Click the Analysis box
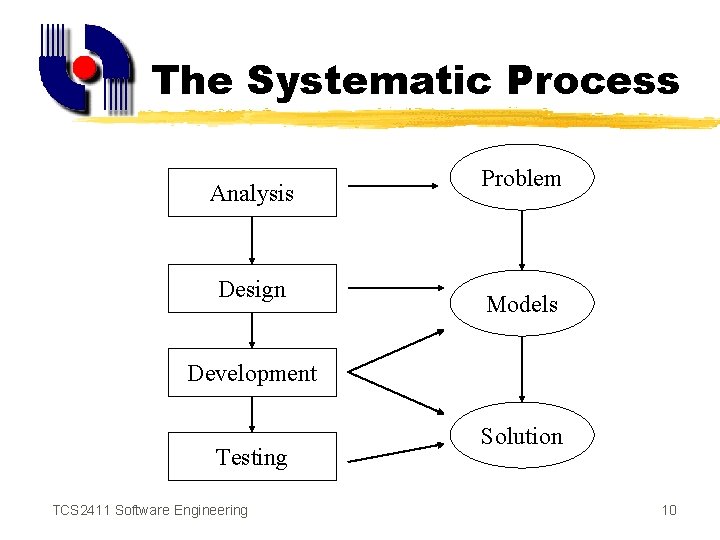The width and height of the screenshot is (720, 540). [x=252, y=193]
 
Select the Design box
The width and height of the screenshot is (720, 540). [x=252, y=289]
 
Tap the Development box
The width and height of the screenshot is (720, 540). [x=252, y=373]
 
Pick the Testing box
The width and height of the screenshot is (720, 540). [x=252, y=457]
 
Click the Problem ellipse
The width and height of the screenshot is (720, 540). [x=521, y=178]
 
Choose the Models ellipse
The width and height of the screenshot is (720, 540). [x=521, y=303]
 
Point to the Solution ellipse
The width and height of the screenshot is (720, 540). [x=521, y=436]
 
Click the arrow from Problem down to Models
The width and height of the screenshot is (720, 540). [x=521, y=240]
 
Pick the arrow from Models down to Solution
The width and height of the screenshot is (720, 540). [x=521, y=369]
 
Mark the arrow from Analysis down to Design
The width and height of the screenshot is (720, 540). [x=252, y=240]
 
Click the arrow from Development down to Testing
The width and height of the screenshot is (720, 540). [x=252, y=414]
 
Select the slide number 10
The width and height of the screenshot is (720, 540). [x=669, y=511]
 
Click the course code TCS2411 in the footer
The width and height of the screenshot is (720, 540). [x=81, y=511]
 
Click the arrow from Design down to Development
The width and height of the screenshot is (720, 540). [x=252, y=330]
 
